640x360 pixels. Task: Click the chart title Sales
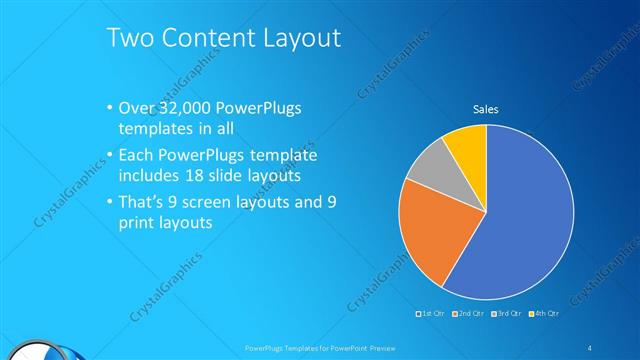[x=486, y=109]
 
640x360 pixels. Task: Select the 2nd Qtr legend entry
[x=470, y=313]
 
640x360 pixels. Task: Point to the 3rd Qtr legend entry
[x=507, y=313]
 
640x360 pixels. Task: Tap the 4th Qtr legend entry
[x=544, y=313]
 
